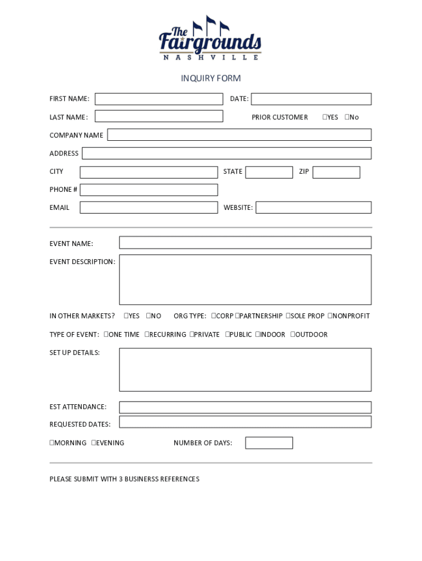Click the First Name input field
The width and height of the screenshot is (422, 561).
pyautogui.click(x=159, y=99)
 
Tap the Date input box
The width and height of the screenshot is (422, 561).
pyautogui.click(x=311, y=99)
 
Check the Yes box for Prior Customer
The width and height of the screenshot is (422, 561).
pyautogui.click(x=324, y=117)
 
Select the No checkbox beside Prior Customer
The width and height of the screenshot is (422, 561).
pyautogui.click(x=347, y=117)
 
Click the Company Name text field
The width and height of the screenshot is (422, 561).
pyautogui.click(x=239, y=135)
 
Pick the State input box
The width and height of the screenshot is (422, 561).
pyautogui.click(x=269, y=172)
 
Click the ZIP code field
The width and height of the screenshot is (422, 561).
pyautogui.click(x=336, y=172)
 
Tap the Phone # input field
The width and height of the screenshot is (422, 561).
pyautogui.click(x=149, y=190)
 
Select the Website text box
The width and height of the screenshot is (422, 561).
pyautogui.click(x=313, y=208)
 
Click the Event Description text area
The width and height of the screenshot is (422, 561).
pyautogui.click(x=245, y=279)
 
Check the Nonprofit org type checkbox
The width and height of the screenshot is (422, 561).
pyautogui.click(x=330, y=316)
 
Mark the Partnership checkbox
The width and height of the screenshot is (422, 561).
pyautogui.click(x=237, y=316)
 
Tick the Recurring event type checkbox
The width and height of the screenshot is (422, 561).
pyautogui.click(x=147, y=334)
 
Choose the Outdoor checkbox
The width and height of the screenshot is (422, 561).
pyautogui.click(x=293, y=334)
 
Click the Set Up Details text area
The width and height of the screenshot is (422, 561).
pyautogui.click(x=245, y=370)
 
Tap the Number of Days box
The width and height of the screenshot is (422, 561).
pyautogui.click(x=269, y=443)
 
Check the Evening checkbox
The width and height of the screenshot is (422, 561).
pyautogui.click(x=94, y=443)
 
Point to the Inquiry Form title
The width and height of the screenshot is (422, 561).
pyautogui.click(x=211, y=78)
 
